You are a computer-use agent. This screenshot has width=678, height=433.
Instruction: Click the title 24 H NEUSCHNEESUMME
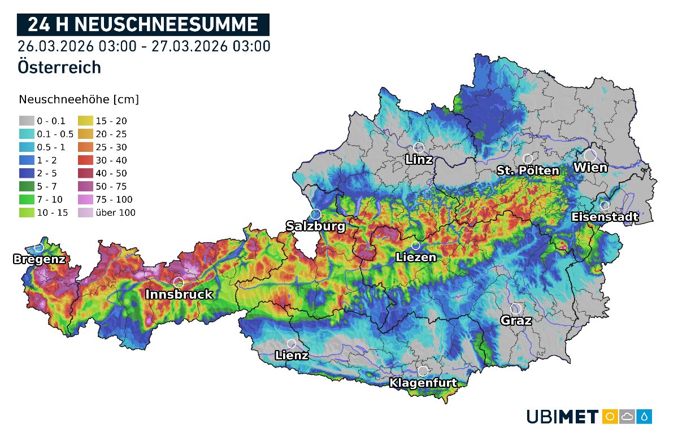[143, 25]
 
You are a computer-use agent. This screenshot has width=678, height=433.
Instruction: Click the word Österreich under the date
[59, 67]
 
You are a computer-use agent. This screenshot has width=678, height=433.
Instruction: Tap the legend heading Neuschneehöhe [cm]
[79, 100]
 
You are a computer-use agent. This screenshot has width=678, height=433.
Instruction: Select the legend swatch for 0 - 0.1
[27, 121]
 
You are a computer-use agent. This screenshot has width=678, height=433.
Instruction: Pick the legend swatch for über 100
[85, 213]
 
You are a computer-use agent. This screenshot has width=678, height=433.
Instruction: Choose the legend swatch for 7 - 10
[27, 200]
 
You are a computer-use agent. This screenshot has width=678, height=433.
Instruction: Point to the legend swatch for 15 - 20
[85, 121]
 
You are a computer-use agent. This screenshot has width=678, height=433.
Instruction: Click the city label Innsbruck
[179, 294]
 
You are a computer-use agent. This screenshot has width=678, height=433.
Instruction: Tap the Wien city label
[590, 168]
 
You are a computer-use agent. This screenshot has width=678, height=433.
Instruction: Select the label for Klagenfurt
[423, 383]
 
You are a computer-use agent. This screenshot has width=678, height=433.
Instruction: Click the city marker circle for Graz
[515, 309]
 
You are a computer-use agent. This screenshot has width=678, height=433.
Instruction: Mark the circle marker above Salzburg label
[316, 214]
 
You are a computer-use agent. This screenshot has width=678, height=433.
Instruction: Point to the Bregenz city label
[39, 260]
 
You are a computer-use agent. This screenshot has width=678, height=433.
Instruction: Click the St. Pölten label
[528, 170]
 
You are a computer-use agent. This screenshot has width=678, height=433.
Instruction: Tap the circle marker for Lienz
[292, 343]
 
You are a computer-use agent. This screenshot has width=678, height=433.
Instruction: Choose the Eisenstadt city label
[605, 217]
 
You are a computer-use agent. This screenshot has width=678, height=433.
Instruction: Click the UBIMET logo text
[562, 417]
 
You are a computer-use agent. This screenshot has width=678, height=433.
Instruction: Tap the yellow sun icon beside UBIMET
[610, 417]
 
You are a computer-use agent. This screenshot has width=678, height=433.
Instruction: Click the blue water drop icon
[645, 417]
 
